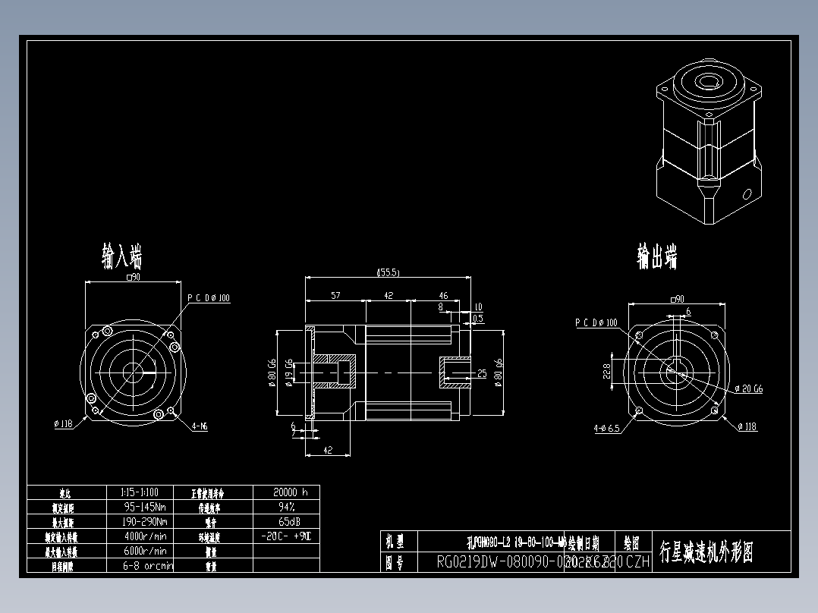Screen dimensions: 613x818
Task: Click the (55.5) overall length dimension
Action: point(388,272)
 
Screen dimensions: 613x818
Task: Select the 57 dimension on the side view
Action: point(335,295)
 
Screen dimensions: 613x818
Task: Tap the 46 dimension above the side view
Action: point(443,295)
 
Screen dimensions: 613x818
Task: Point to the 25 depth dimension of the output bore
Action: point(481,373)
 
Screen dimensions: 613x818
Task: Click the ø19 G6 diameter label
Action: point(289,373)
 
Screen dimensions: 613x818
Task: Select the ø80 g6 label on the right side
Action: point(499,373)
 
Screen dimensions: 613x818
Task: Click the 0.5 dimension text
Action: point(478,319)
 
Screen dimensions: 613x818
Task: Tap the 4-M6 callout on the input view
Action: point(200,426)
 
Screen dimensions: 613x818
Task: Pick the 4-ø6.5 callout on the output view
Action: point(606,428)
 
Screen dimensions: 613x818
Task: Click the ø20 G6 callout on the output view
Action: point(749,388)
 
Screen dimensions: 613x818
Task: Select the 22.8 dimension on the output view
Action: point(606,372)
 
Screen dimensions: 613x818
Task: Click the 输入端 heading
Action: point(122,256)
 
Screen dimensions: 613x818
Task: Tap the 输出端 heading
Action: point(656,256)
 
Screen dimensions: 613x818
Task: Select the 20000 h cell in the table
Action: point(290,492)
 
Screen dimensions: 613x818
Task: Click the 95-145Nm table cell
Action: point(145,506)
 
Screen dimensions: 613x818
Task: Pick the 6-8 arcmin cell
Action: point(148,565)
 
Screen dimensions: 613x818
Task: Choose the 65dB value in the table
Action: point(288,521)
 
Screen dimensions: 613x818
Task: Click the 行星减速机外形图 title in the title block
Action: point(706,552)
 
